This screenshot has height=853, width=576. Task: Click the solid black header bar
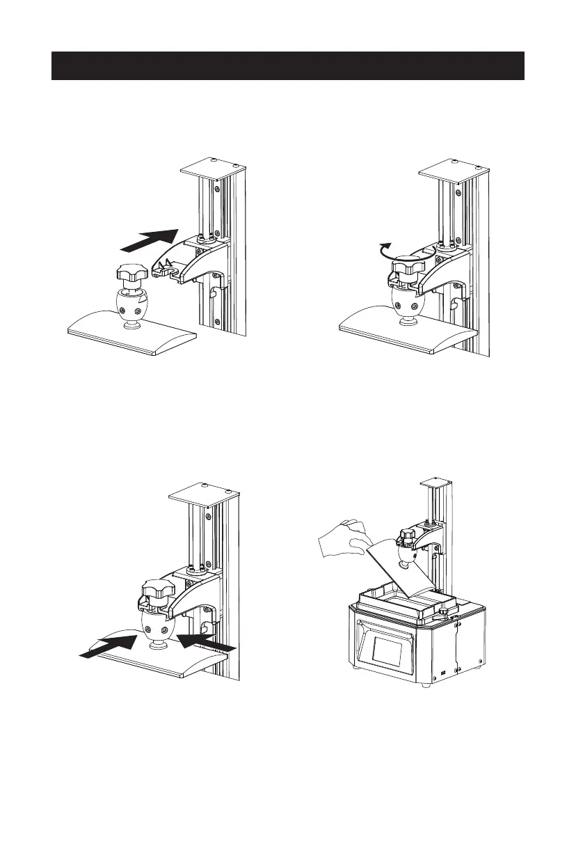pos(287,65)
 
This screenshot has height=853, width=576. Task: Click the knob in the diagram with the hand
pos(408,535)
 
